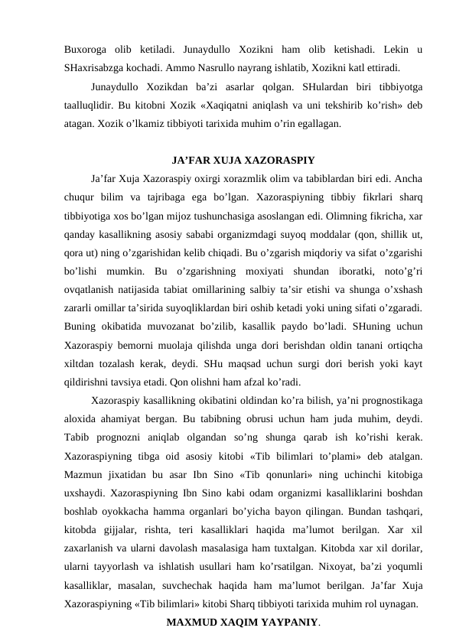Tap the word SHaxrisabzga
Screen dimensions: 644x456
[96, 66]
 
